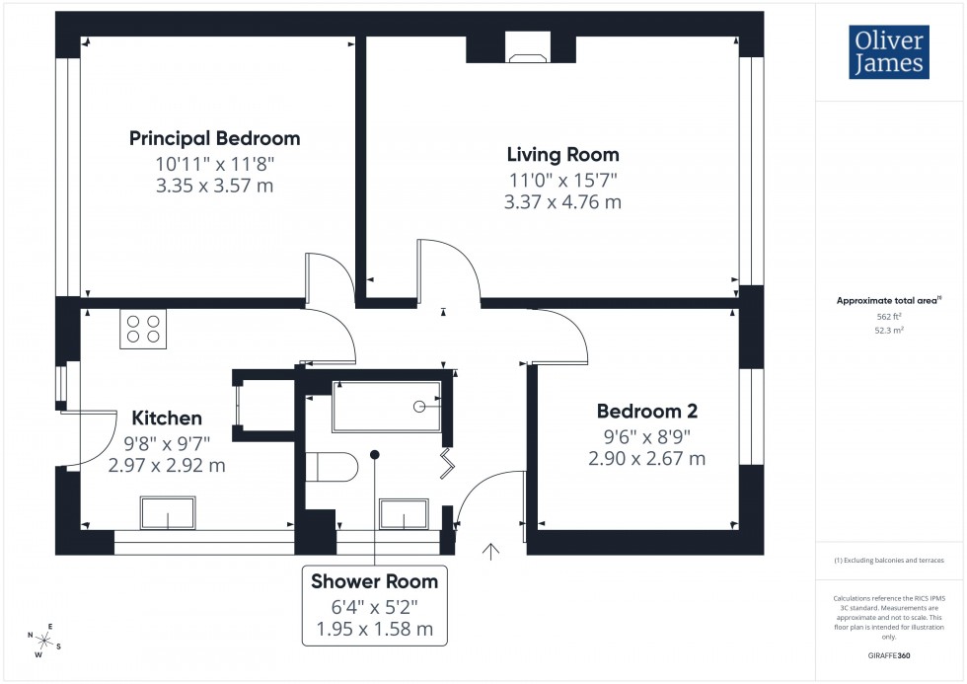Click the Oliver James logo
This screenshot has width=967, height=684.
pyautogui.click(x=887, y=53)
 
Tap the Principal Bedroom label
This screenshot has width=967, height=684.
pyautogui.click(x=215, y=138)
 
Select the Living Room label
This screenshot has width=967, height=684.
pyautogui.click(x=562, y=155)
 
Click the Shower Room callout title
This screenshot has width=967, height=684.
pyautogui.click(x=374, y=580)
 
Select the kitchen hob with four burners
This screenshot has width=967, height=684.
pyautogui.click(x=143, y=329)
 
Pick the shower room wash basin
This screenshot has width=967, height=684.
pyautogui.click(x=405, y=514)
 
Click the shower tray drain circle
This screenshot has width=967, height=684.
pyautogui.click(x=419, y=407)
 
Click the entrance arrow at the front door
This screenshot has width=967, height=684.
pyautogui.click(x=489, y=551)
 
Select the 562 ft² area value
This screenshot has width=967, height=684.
pyautogui.click(x=889, y=317)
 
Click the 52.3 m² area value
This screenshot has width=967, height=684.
pyautogui.click(x=889, y=331)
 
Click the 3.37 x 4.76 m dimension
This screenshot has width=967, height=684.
pyautogui.click(x=562, y=202)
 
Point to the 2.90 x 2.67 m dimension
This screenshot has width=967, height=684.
pyautogui.click(x=646, y=458)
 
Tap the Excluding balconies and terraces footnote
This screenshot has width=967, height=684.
pyautogui.click(x=889, y=560)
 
